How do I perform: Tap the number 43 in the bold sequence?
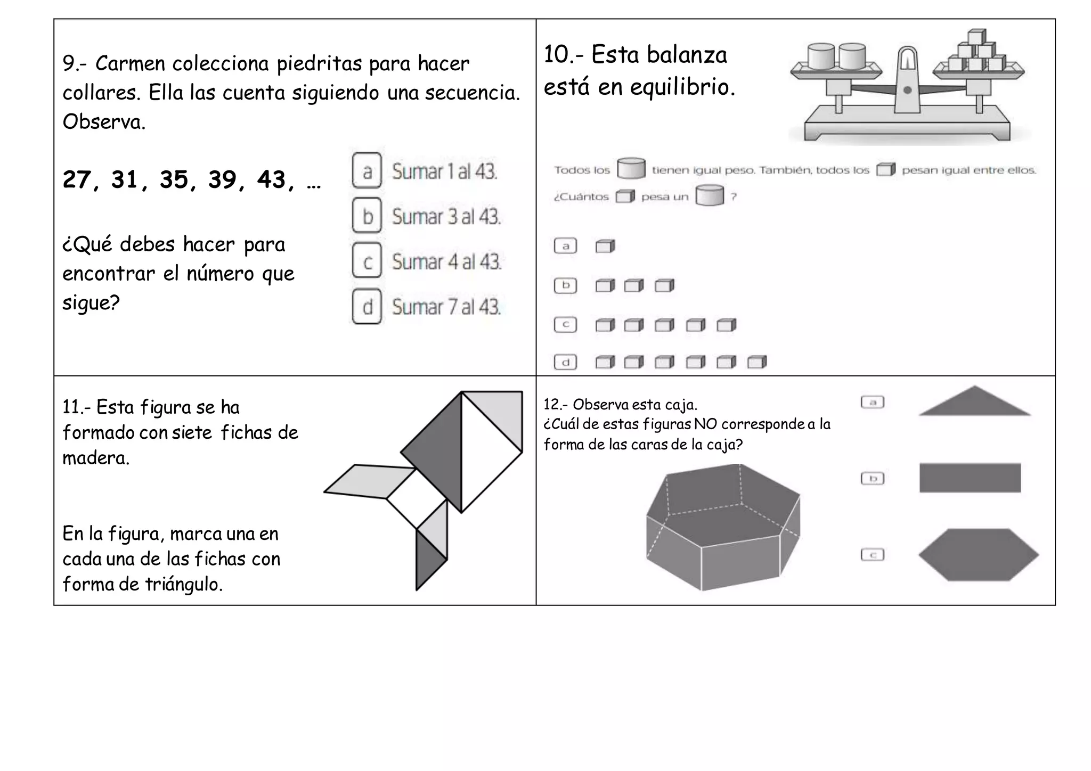[x=272, y=180]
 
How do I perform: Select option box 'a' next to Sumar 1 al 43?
[x=367, y=171]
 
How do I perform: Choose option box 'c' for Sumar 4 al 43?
[x=367, y=261]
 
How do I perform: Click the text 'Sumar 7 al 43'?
[x=446, y=307]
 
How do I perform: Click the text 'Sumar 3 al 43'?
[x=446, y=217]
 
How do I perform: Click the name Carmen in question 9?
[x=128, y=64]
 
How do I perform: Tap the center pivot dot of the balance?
[x=907, y=91]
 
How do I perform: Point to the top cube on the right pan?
[x=977, y=37]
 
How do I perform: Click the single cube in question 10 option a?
[x=605, y=246]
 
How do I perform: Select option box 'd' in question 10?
[x=565, y=363]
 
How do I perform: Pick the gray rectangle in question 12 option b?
[x=970, y=478]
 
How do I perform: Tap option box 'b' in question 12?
[x=872, y=478]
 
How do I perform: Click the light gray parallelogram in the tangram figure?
[x=370, y=481]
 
